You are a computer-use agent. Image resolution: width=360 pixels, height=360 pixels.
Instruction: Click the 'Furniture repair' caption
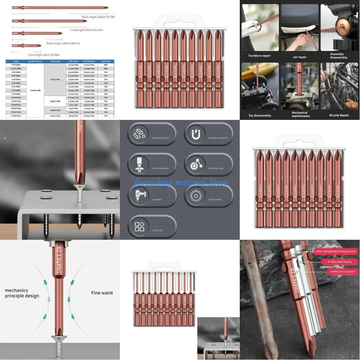pos(259,56)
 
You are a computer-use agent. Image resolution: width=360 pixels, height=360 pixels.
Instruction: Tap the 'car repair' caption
pos(300,57)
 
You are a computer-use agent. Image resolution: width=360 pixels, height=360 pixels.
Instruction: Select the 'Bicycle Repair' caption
pos(339,115)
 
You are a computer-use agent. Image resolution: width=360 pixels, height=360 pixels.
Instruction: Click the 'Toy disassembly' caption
pos(260,115)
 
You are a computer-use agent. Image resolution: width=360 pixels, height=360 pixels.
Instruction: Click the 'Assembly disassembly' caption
pos(339,56)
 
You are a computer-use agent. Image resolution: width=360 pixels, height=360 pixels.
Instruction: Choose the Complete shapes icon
pos(140,226)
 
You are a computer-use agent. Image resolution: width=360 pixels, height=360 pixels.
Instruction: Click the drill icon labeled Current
pos(140,195)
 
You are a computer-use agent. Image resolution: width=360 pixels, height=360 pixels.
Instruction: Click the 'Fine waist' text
pos(102,293)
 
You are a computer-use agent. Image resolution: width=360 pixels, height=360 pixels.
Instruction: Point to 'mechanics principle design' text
pos(22,293)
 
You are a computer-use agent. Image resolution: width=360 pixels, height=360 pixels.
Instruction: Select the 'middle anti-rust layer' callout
pos(342,272)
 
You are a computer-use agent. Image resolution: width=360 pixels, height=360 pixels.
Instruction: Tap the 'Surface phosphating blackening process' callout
pos(335,251)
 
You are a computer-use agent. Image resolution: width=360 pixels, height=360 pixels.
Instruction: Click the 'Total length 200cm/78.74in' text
pos(98,17)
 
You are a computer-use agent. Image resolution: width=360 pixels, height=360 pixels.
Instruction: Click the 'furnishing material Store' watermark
pos(181,182)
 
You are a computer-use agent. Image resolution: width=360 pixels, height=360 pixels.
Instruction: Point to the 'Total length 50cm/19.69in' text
pos(44,55)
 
